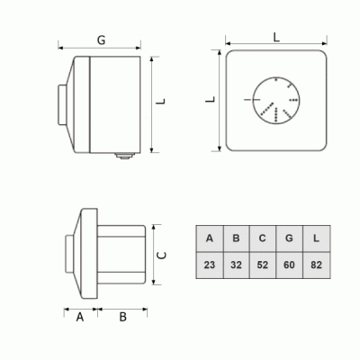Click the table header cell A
click(210, 238)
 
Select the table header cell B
click(236, 238)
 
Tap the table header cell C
click(263, 238)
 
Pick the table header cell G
click(289, 238)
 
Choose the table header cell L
click(317, 238)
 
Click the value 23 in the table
click(210, 265)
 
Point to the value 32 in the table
click(236, 265)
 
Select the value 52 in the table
click(263, 265)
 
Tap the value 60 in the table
click(289, 265)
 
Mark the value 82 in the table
click(317, 265)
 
